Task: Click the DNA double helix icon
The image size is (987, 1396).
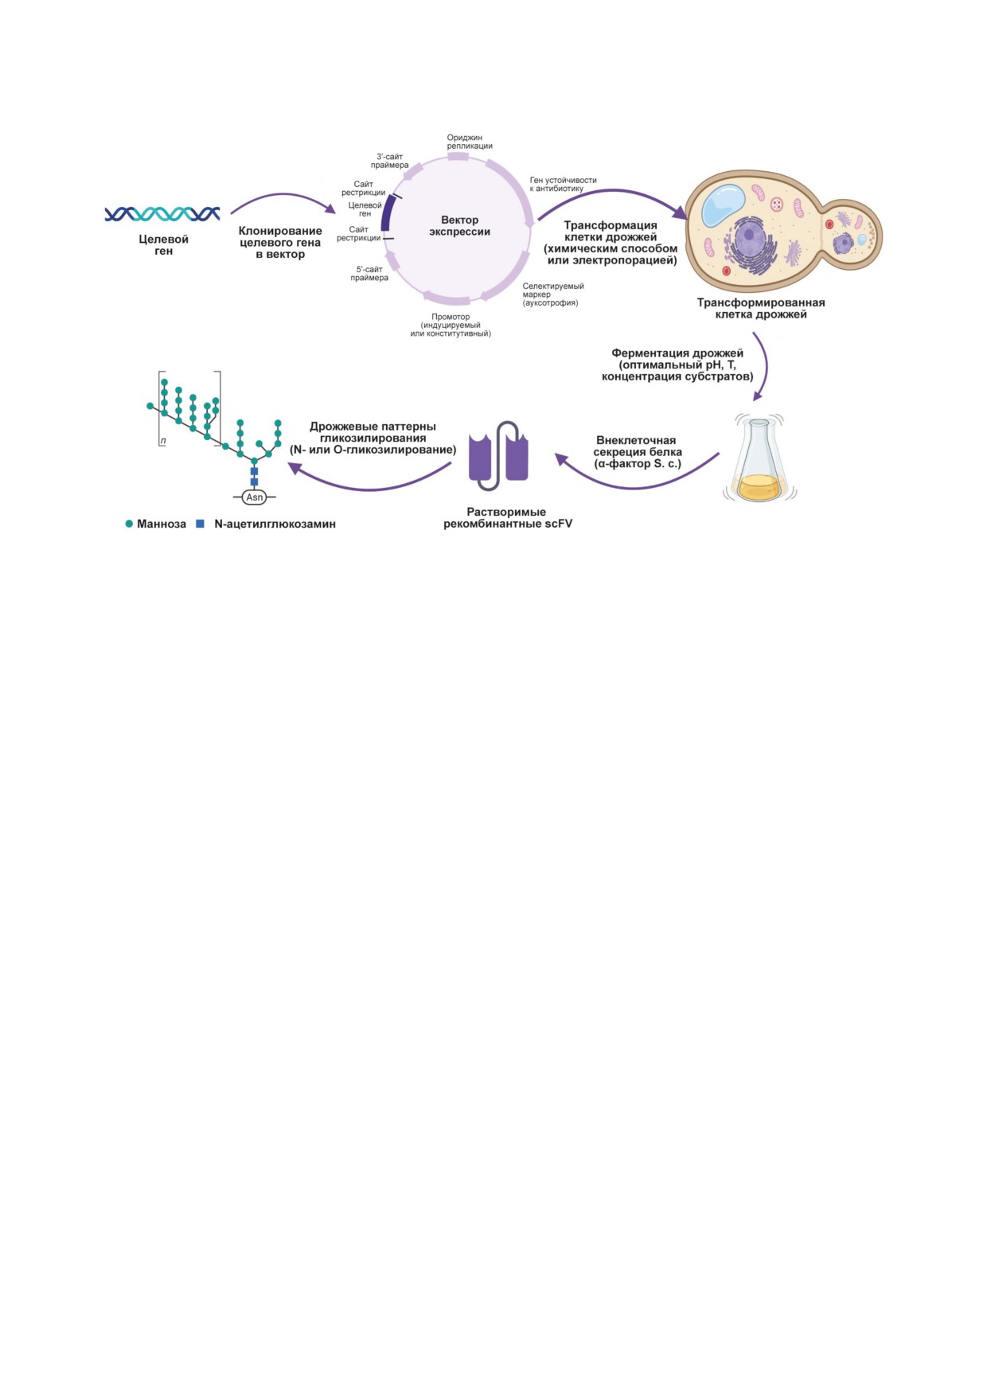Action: click(162, 214)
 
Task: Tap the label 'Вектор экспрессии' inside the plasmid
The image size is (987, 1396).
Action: click(460, 226)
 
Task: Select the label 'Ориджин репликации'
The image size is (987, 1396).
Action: click(470, 142)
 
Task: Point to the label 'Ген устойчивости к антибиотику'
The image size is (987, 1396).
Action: click(564, 184)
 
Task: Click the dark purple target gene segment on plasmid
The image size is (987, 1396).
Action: click(387, 213)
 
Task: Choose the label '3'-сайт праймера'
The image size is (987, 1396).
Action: click(390, 161)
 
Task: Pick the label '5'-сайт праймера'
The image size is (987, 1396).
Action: click(369, 274)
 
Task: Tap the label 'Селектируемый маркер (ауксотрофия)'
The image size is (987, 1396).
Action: click(553, 294)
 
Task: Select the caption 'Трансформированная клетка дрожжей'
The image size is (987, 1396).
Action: click(761, 308)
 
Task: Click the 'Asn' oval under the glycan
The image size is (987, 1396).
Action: click(255, 497)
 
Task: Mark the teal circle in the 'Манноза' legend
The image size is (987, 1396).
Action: click(129, 524)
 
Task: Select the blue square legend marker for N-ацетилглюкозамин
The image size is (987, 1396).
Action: click(201, 524)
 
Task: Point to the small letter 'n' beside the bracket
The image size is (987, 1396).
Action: click(163, 441)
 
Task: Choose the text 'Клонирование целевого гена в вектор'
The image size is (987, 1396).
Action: click(280, 243)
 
